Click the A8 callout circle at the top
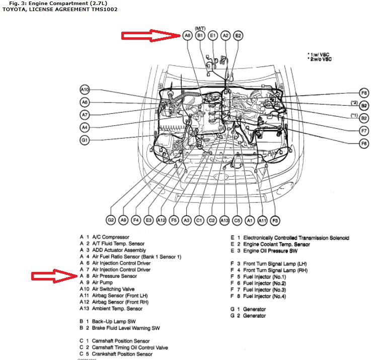187,36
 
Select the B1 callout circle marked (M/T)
200,36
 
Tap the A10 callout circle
85,90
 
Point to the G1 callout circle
85,139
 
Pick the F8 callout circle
363,93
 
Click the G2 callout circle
111,220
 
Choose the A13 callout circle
224,220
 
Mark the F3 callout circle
275,220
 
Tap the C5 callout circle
237,220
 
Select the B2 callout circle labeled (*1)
363,118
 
